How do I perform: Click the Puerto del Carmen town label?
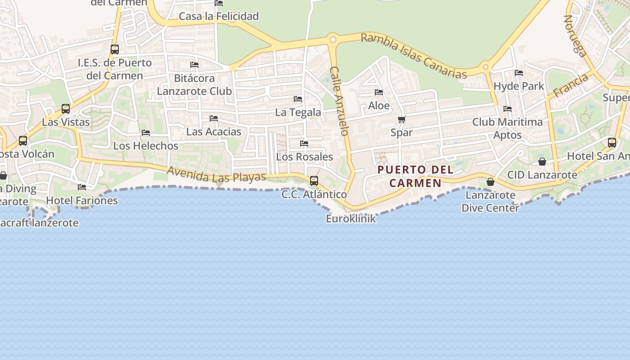tap(409, 176)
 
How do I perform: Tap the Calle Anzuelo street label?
tap(339, 101)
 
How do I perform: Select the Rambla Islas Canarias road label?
tap(414, 56)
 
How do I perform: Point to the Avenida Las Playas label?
tap(216, 174)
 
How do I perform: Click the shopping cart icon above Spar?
tap(401, 120)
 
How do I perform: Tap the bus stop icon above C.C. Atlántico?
tap(314, 181)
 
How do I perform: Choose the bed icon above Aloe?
tap(379, 92)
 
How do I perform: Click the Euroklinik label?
tap(351, 219)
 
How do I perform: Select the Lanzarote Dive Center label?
tap(490, 201)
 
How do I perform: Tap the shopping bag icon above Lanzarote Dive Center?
tap(490, 182)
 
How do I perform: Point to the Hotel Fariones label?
tap(82, 200)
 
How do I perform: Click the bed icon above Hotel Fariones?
tap(81, 187)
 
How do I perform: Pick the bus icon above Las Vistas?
tap(66, 108)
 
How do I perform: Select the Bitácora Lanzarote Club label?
tap(194, 84)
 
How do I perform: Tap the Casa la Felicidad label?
tap(219, 16)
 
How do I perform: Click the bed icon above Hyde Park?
tap(519, 72)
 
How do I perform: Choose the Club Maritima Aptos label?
tap(508, 128)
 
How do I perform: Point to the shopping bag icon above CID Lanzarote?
tap(542, 162)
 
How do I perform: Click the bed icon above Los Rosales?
tap(304, 144)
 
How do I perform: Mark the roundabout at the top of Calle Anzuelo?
tap(333, 40)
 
